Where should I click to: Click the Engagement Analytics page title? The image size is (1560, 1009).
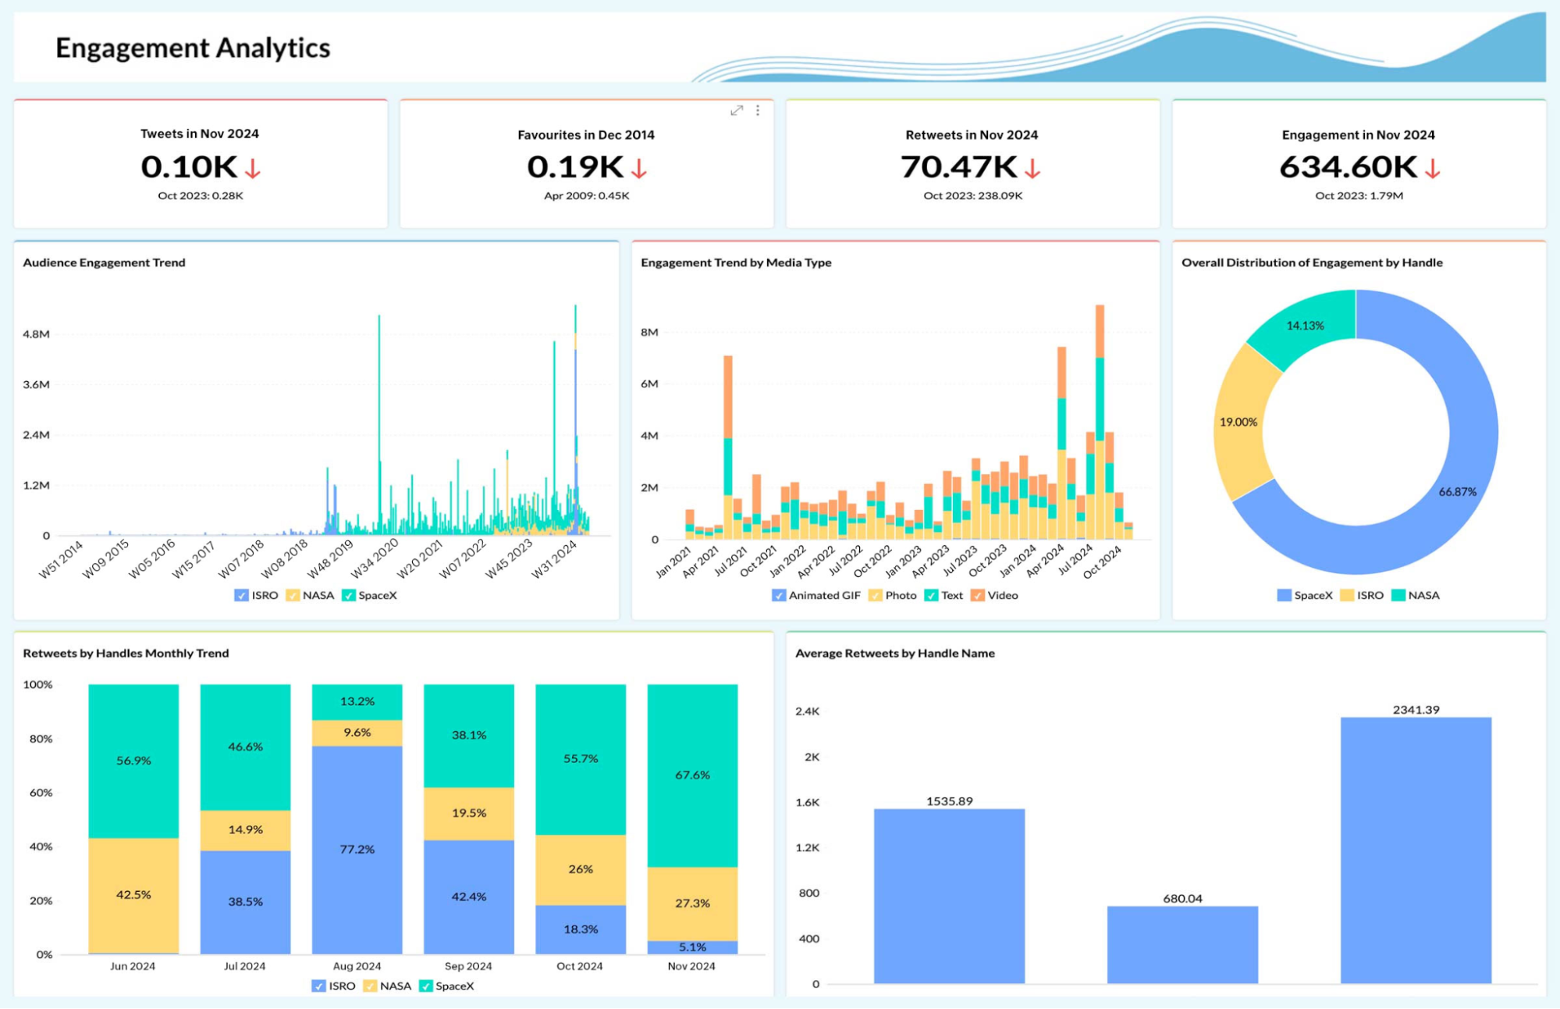[193, 48]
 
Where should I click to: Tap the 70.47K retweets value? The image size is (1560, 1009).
[958, 167]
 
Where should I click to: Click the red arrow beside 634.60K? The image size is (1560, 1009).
[1432, 169]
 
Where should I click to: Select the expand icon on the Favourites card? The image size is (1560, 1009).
[736, 111]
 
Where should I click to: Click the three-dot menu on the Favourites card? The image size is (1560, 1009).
[758, 111]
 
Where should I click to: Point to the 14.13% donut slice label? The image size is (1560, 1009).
[1305, 326]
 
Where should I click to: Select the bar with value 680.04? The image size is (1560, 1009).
[1182, 944]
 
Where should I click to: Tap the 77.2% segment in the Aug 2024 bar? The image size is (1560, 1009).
[357, 849]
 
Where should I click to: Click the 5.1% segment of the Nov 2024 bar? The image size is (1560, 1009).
[692, 947]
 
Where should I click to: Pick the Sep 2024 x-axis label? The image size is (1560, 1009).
[468, 966]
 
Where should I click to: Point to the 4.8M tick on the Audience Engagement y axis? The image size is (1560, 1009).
[36, 334]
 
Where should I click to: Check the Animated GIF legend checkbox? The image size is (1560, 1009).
[778, 595]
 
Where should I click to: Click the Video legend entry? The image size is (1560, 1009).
[995, 595]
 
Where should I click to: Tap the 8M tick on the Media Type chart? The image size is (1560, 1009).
[649, 333]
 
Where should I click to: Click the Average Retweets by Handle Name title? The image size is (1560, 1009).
[894, 653]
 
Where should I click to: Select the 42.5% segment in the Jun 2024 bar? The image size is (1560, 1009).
[133, 895]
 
